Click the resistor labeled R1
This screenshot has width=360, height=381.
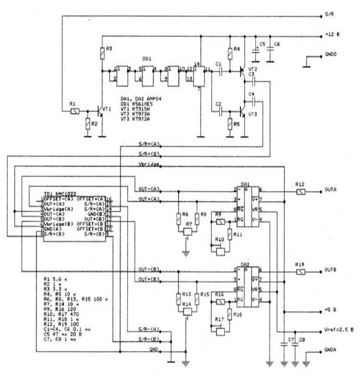coord(75,110)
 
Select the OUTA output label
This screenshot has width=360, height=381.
coord(331,190)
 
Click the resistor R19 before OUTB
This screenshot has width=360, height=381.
coord(300,272)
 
